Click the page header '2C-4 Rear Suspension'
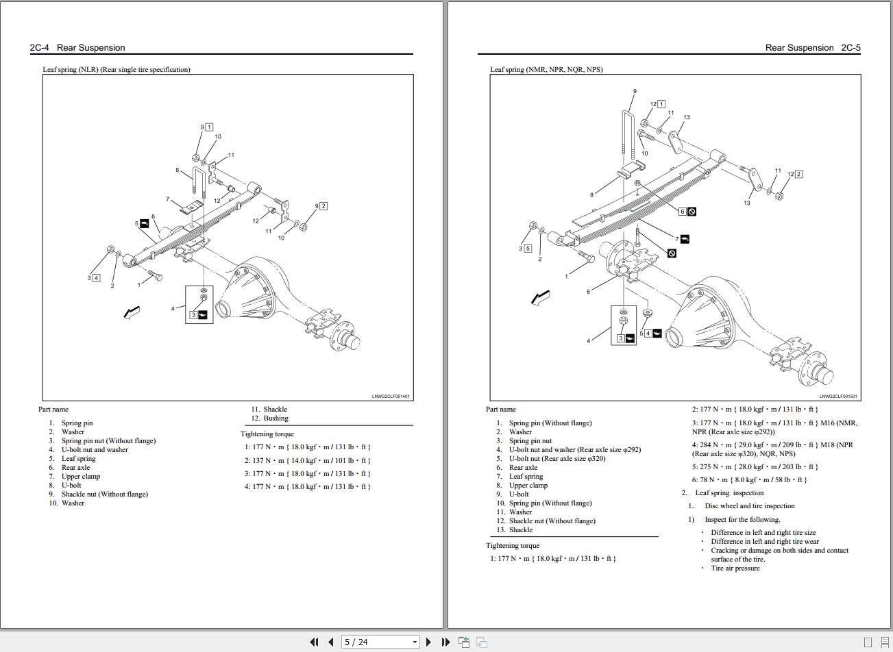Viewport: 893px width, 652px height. coord(77,48)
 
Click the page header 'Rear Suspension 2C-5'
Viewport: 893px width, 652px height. coord(813,48)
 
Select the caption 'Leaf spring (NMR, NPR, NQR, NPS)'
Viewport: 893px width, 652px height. coord(546,69)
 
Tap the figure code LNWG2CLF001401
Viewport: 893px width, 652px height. coord(391,397)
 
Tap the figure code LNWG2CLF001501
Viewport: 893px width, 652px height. coord(837,397)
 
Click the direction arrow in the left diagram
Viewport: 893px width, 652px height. coord(132,312)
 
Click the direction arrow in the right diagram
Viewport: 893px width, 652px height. coord(541,297)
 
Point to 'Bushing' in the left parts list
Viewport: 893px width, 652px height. coord(276,418)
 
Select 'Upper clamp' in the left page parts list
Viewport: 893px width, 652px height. coord(80,477)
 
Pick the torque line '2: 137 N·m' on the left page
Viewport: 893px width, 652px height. coord(308,460)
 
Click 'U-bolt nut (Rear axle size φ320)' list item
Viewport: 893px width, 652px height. coord(557,459)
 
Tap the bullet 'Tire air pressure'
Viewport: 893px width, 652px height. coord(735,568)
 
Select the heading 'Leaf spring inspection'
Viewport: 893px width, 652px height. coord(729,493)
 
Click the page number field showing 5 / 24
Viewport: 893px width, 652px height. coord(380,642)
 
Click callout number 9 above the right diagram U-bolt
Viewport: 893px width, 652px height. coord(635,92)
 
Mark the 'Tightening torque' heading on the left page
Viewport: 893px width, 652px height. coord(267,434)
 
